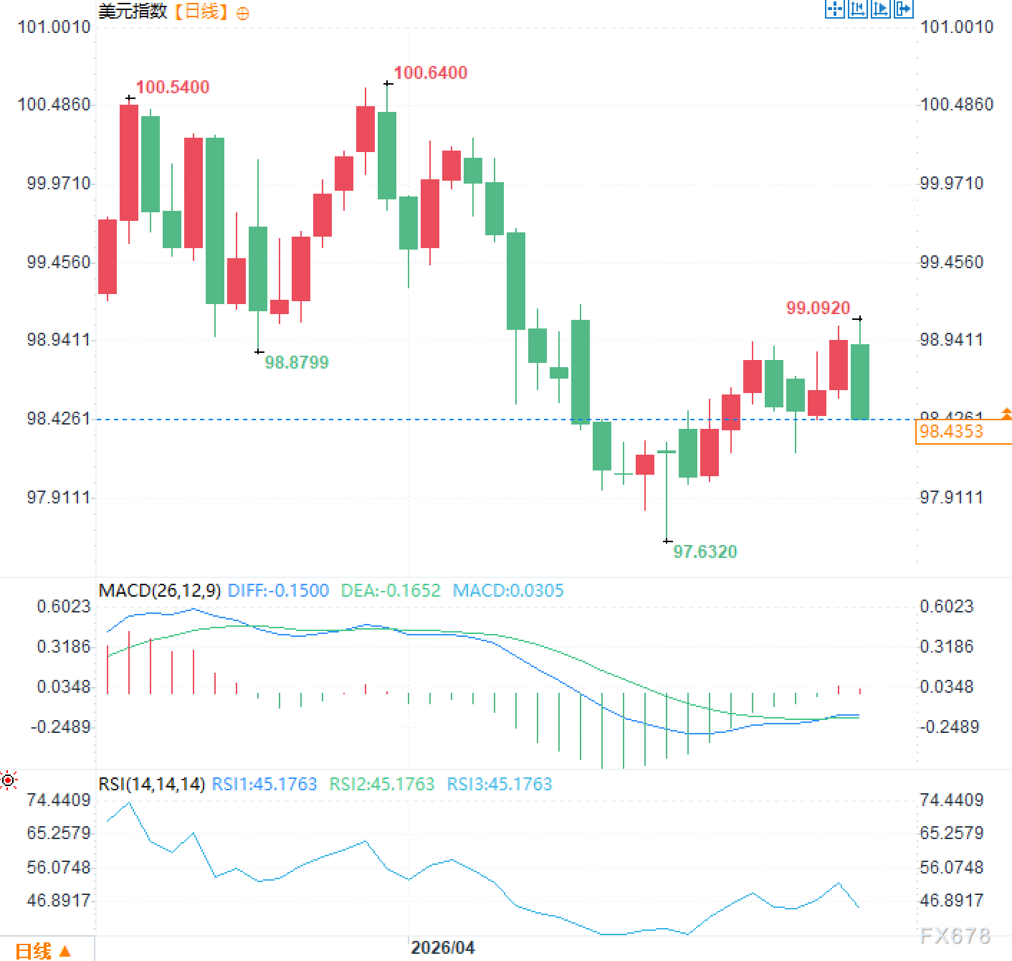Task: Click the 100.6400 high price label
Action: click(430, 72)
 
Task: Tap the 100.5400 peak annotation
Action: click(173, 87)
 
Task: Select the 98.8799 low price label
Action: click(297, 362)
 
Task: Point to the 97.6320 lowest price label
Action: click(705, 551)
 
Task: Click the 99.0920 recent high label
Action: click(818, 308)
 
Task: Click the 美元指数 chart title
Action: click(133, 11)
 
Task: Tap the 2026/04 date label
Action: click(442, 947)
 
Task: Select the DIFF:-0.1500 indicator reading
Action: click(278, 590)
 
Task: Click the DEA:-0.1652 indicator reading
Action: click(391, 590)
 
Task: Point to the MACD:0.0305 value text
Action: click(508, 590)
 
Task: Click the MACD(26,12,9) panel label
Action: click(160, 590)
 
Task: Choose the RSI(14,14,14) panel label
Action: click(152, 784)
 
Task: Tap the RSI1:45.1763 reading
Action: click(264, 784)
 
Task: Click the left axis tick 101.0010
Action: click(54, 27)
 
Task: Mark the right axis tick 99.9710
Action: click(952, 183)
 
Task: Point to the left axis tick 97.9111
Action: click(59, 497)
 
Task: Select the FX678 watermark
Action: click(955, 935)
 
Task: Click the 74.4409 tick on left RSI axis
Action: click(59, 800)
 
